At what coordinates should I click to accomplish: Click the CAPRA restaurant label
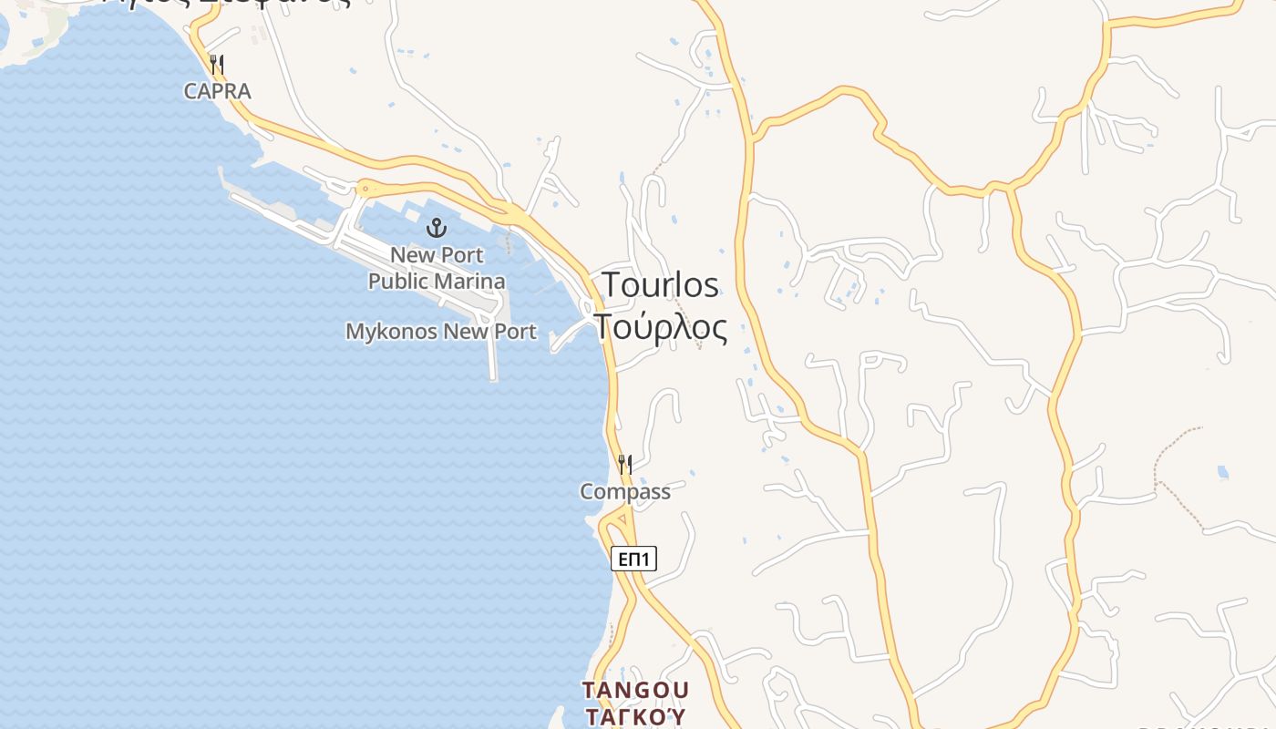[217, 91]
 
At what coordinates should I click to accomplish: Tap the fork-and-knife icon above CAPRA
[217, 64]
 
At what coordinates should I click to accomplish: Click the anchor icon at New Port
[437, 227]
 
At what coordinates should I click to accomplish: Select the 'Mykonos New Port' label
[441, 332]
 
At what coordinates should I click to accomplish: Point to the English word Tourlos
[660, 284]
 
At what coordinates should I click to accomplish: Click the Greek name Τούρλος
[662, 327]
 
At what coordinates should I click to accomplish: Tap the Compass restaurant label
[625, 492]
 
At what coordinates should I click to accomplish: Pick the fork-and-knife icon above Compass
[625, 465]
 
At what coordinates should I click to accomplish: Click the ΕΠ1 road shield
[633, 559]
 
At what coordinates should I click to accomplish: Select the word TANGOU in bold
[635, 690]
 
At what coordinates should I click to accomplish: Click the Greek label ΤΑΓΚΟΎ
[635, 716]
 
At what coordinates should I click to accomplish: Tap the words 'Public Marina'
[437, 281]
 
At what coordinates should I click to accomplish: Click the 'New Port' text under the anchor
[437, 254]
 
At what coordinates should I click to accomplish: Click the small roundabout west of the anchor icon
[365, 189]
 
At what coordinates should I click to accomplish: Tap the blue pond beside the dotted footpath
[1222, 472]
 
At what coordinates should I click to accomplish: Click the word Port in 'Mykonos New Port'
[515, 332]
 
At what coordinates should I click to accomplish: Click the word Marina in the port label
[469, 281]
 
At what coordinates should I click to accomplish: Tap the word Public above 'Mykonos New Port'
[398, 281]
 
